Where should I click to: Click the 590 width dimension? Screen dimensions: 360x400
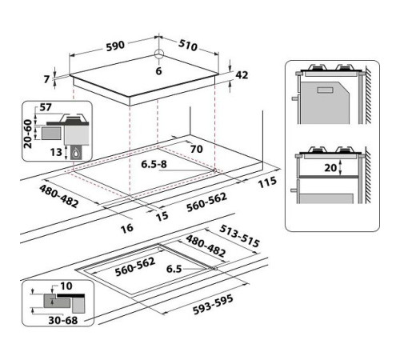point(114,46)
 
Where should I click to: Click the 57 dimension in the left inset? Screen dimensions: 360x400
point(45,106)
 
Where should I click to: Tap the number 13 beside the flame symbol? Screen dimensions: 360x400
point(55,151)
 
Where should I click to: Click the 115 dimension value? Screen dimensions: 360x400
point(266,182)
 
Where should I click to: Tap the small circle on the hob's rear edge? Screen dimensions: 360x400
point(158,55)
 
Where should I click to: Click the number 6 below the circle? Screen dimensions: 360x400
point(158,71)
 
